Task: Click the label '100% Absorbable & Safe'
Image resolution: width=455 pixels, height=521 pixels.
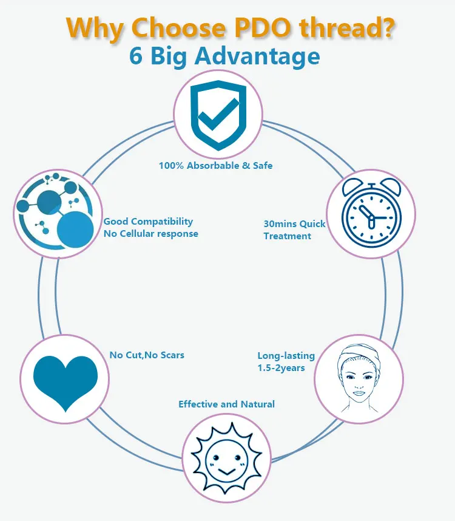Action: [215, 165]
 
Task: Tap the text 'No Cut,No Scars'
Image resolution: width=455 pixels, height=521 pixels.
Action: [147, 355]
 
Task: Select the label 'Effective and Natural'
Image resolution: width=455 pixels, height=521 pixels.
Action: [226, 404]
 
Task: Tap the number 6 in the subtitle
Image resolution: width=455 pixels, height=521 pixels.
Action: [136, 56]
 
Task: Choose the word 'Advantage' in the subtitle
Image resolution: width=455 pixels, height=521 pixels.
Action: [261, 56]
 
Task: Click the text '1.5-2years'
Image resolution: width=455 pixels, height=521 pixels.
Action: [281, 368]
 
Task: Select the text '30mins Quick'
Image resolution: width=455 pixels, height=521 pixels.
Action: [294, 223]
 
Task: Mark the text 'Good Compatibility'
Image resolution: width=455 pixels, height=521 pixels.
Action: [148, 222]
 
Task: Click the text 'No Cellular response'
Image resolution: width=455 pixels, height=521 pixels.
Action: [150, 233]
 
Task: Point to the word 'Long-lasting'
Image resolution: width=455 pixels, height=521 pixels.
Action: [287, 356]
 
